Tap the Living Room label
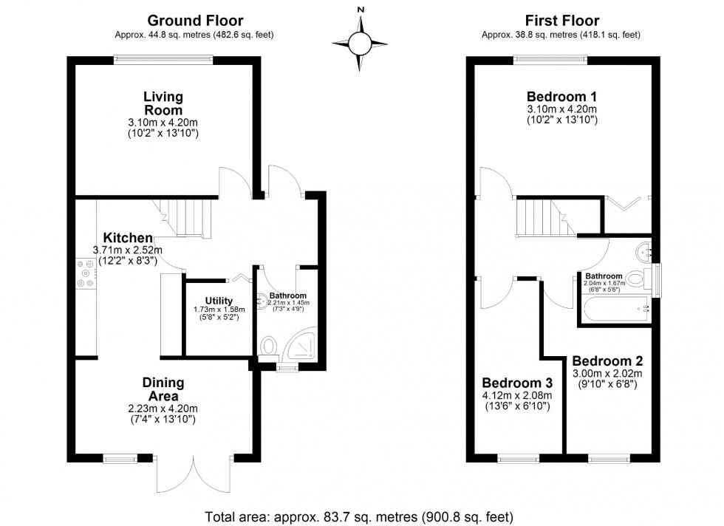pos(163,103)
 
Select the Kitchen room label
pos(127,238)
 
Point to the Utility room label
pos(209,301)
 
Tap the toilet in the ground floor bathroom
pos(270,348)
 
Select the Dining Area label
pos(163,389)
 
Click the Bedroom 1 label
pos(561,96)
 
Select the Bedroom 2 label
pos(607,361)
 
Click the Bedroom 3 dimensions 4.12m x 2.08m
pos(517,395)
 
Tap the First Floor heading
pos(561,21)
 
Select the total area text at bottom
pos(360,516)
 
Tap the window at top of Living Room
pos(163,60)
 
